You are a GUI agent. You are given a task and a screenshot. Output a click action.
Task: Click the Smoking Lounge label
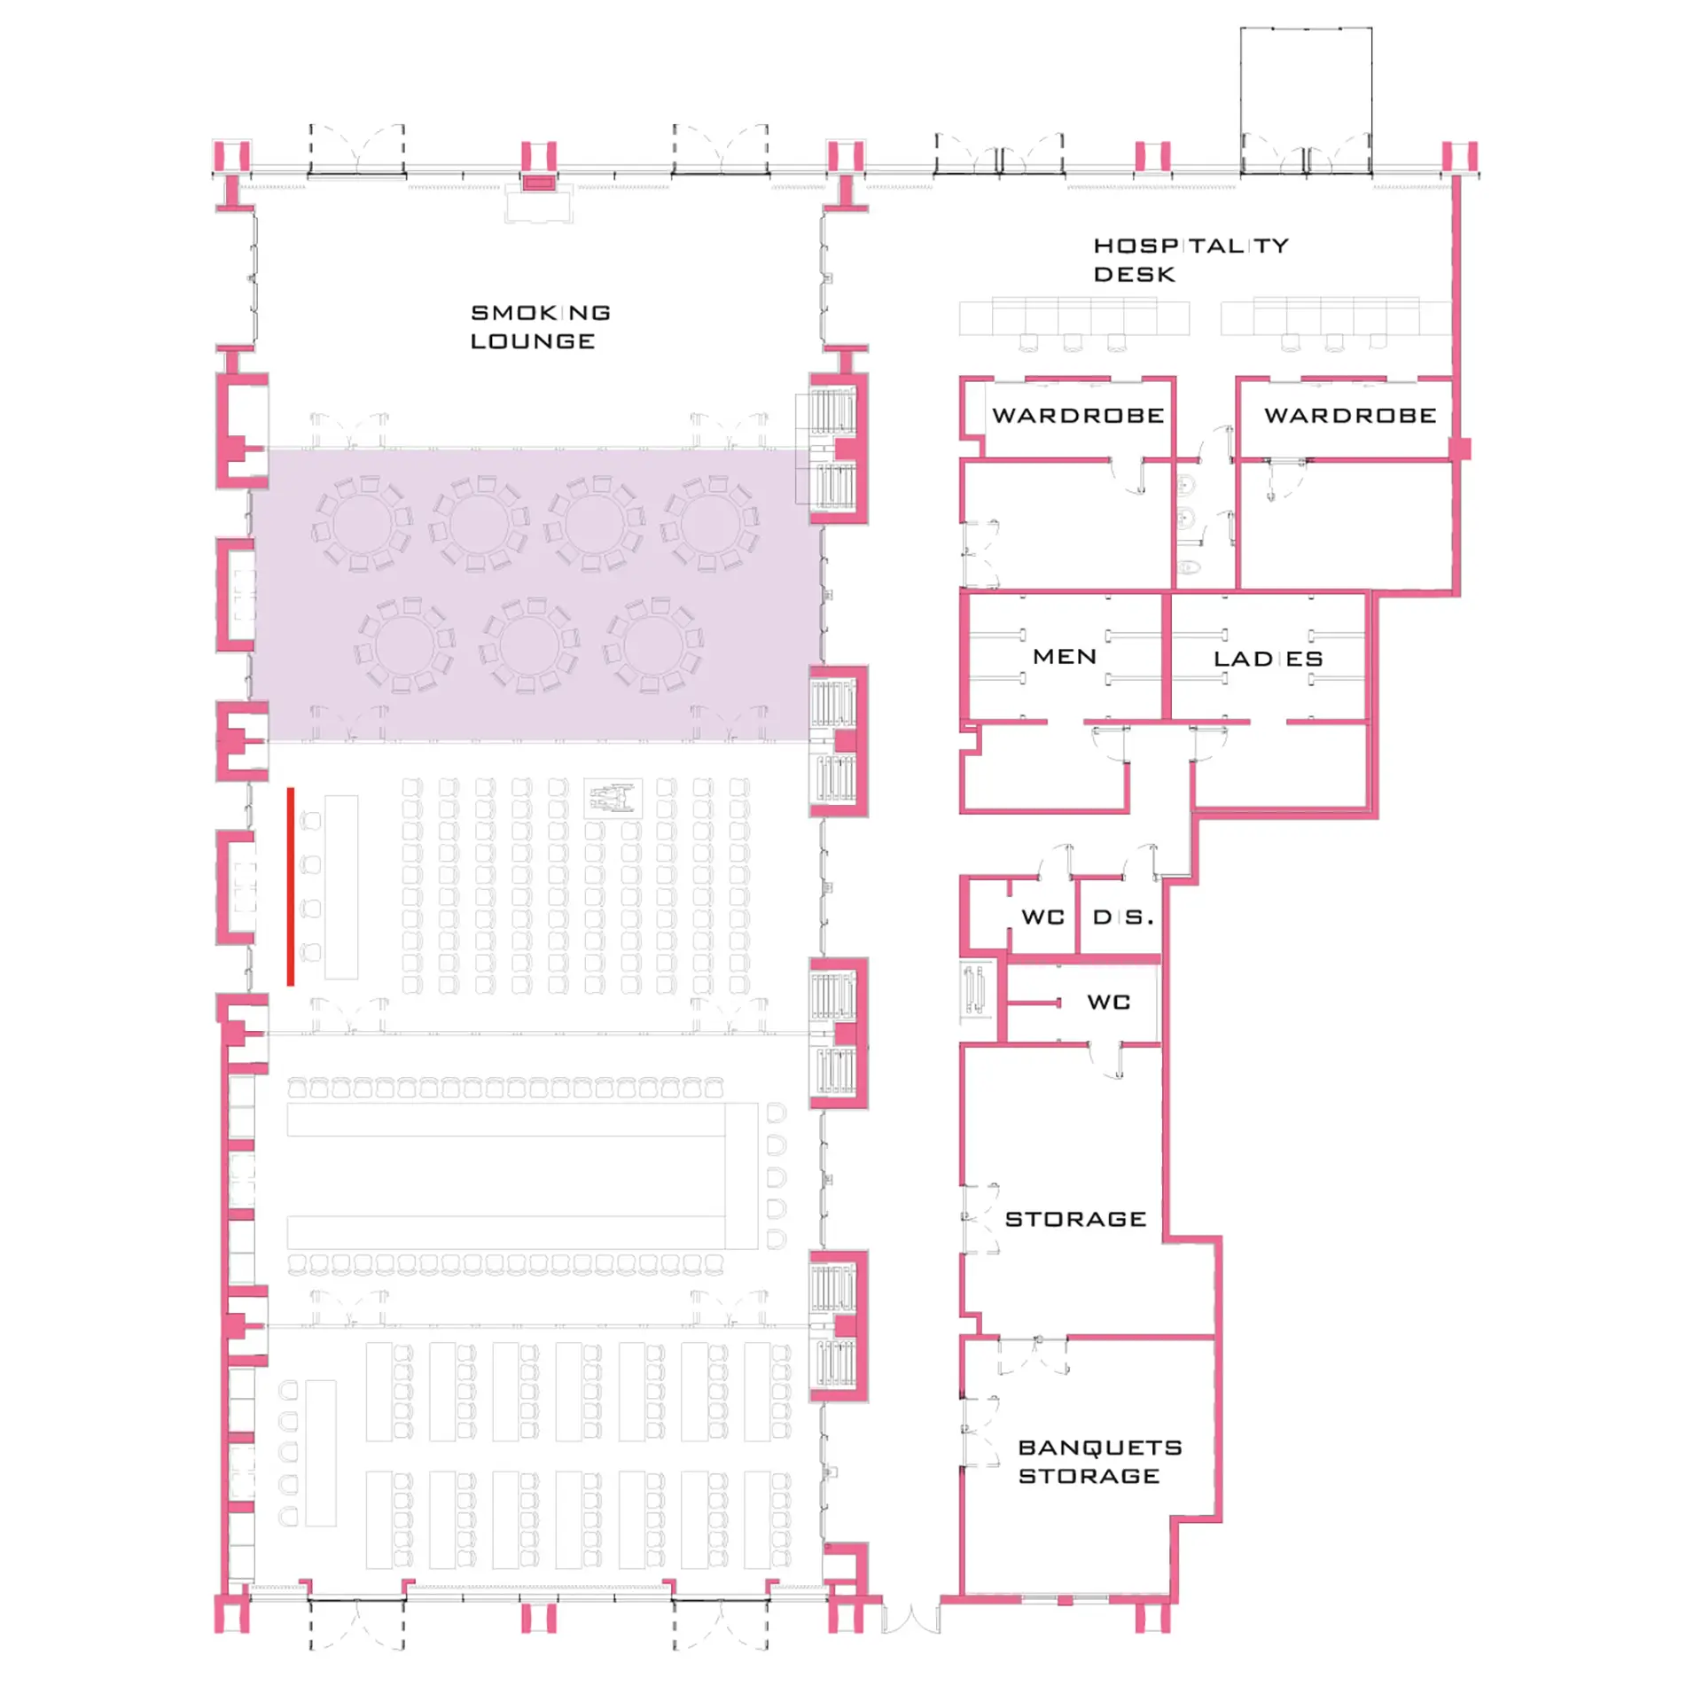pos(540,326)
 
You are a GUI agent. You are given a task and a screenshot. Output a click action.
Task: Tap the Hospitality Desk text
pos(1191,260)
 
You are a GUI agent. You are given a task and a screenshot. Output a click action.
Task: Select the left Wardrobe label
pos(1078,415)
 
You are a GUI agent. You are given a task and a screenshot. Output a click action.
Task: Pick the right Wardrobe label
pos(1349,415)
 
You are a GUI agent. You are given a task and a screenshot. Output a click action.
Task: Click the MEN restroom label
pos(1065,656)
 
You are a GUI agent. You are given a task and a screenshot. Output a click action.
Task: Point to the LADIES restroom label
pos(1268,659)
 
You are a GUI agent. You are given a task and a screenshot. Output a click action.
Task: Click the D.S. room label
pos(1123,917)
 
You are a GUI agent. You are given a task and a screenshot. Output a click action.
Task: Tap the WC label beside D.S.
pos(1042,917)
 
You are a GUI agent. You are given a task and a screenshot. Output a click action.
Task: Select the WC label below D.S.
pos(1108,1002)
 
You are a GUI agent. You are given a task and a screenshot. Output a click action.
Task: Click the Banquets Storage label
pos(1099,1461)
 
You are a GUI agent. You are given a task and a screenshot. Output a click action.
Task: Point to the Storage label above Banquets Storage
pos(1075,1219)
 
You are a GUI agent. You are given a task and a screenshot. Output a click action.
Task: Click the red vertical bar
pos(290,886)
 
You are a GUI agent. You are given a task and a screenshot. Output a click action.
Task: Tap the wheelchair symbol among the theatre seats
pos(613,798)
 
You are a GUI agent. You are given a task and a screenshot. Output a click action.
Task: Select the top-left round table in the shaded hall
pos(362,524)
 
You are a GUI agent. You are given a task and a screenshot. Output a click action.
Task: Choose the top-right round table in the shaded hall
pos(710,524)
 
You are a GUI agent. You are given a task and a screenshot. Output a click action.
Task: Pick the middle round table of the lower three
pos(530,644)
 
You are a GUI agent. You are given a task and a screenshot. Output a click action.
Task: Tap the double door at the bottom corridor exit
pos(910,1620)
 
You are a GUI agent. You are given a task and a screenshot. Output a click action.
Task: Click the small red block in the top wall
pos(538,183)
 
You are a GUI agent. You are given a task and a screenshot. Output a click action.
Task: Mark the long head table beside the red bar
pos(341,886)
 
